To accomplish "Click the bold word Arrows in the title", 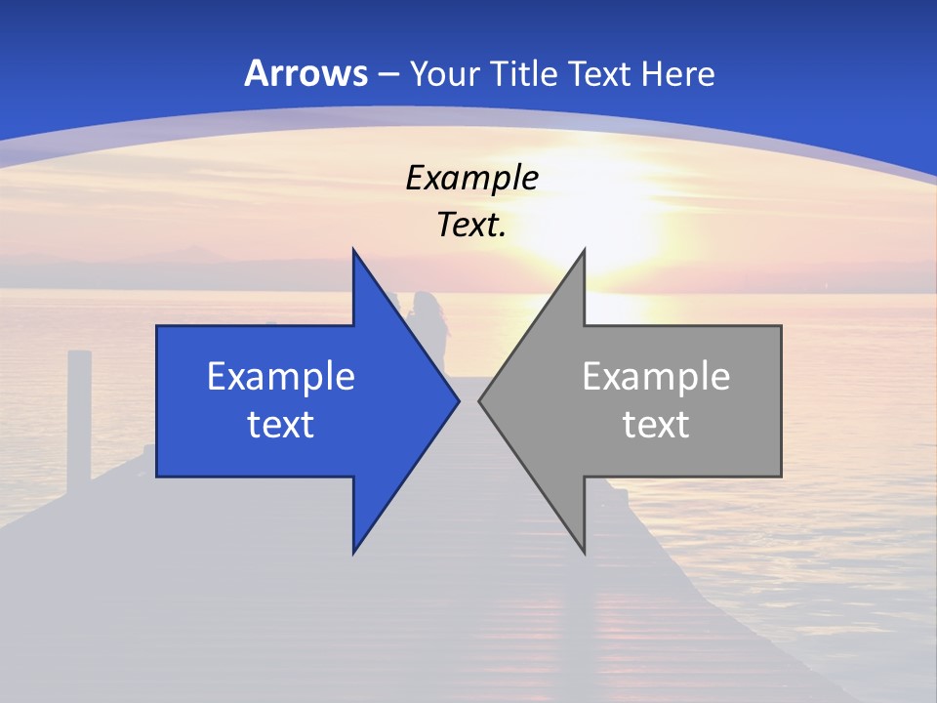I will click(x=306, y=73).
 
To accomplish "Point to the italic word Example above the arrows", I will click(x=471, y=178).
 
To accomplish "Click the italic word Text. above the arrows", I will click(x=471, y=225).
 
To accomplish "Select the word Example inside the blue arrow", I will click(x=281, y=376).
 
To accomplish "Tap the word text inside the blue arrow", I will click(x=281, y=424).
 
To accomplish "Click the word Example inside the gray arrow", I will click(x=656, y=376).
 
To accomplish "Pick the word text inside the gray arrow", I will click(x=656, y=424).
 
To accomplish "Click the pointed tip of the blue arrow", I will click(x=459, y=401).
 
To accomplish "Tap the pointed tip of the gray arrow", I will click(x=479, y=401).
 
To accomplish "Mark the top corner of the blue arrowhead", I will click(x=353, y=250).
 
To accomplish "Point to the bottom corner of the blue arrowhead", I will click(x=353, y=553).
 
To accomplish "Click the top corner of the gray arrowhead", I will click(x=584, y=250).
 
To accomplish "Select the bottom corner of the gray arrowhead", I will click(x=584, y=553).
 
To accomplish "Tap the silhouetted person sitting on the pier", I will click(x=430, y=327).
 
